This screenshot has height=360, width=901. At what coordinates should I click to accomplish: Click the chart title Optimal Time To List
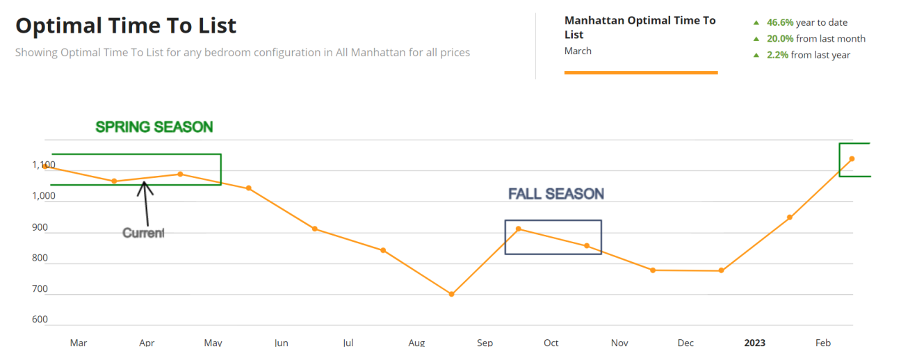(x=126, y=26)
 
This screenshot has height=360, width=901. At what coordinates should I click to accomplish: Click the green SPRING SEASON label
(x=154, y=127)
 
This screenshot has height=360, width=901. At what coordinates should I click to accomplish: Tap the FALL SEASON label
(x=555, y=194)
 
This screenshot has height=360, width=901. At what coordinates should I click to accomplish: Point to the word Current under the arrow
(x=143, y=233)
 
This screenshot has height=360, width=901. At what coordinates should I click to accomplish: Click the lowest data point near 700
(x=451, y=294)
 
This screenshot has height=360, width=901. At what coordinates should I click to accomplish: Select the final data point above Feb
(x=852, y=159)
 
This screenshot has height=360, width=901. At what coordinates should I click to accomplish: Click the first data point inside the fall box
(x=518, y=229)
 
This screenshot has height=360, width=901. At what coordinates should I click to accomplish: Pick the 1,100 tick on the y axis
(x=42, y=165)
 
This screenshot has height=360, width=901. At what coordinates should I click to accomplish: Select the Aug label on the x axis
(x=416, y=343)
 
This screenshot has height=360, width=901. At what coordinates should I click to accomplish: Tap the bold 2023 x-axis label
(x=755, y=343)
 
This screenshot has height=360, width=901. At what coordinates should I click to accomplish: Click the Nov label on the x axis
(x=619, y=343)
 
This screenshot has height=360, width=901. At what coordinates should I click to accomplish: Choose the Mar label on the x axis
(x=79, y=343)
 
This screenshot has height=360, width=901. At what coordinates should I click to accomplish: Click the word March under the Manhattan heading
(x=578, y=51)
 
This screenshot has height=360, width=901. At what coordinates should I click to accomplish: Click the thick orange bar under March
(x=640, y=72)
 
